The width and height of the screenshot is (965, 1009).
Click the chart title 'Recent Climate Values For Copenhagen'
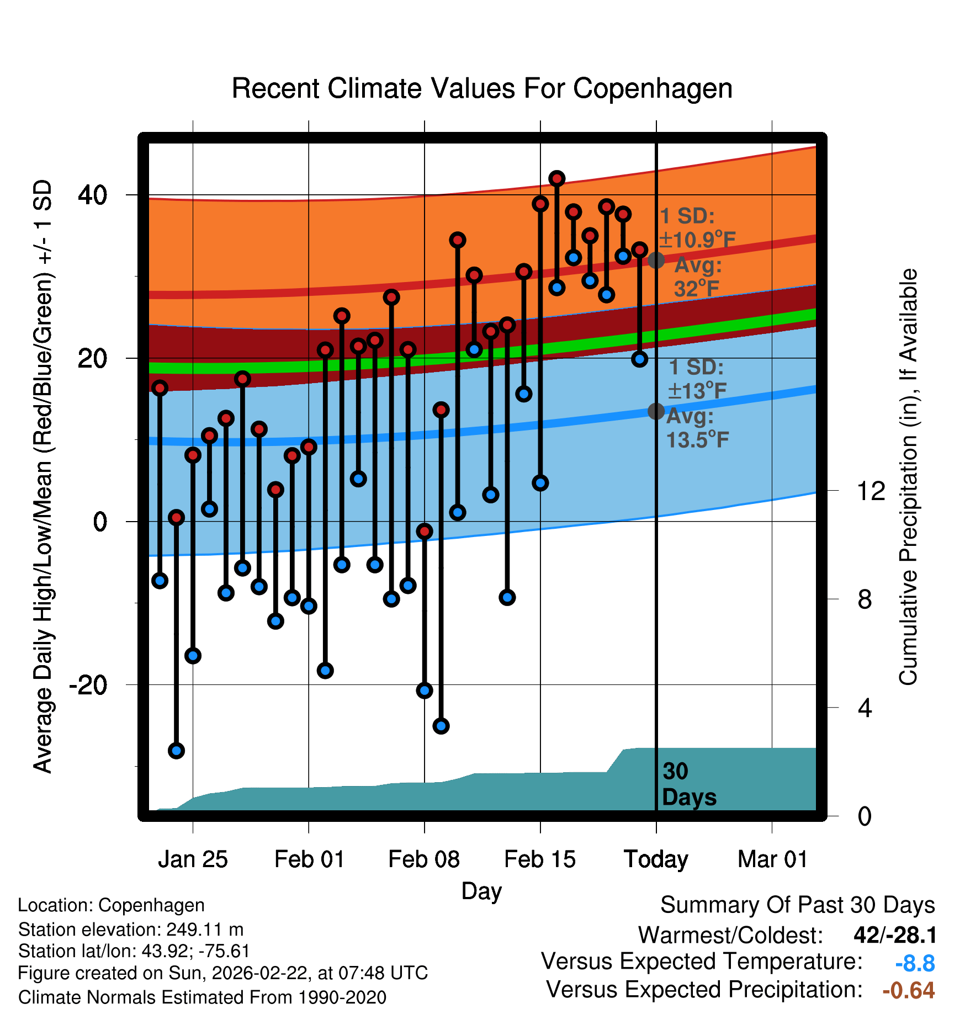pos(482,88)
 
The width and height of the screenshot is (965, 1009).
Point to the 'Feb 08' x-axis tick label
pos(423,859)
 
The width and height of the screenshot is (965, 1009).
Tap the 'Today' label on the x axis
pos(656,859)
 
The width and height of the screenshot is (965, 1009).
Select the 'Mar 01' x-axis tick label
pos(772,859)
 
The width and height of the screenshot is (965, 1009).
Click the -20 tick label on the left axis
pos(88,685)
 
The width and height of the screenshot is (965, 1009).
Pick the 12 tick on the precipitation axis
pos(871,491)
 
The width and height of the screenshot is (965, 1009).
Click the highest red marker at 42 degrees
pos(556,178)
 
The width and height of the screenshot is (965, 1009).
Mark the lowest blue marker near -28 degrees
pos(176,750)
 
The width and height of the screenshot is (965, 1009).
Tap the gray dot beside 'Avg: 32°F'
pos(656,260)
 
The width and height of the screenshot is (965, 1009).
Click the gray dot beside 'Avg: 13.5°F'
pos(656,411)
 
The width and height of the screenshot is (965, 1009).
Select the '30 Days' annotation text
pos(688,784)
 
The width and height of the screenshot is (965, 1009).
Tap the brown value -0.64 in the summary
pos(909,990)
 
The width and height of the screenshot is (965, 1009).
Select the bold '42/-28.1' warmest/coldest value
pos(895,935)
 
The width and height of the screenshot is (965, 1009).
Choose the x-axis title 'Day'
pos(481,891)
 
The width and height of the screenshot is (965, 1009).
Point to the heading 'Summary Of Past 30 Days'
pos(797,905)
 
